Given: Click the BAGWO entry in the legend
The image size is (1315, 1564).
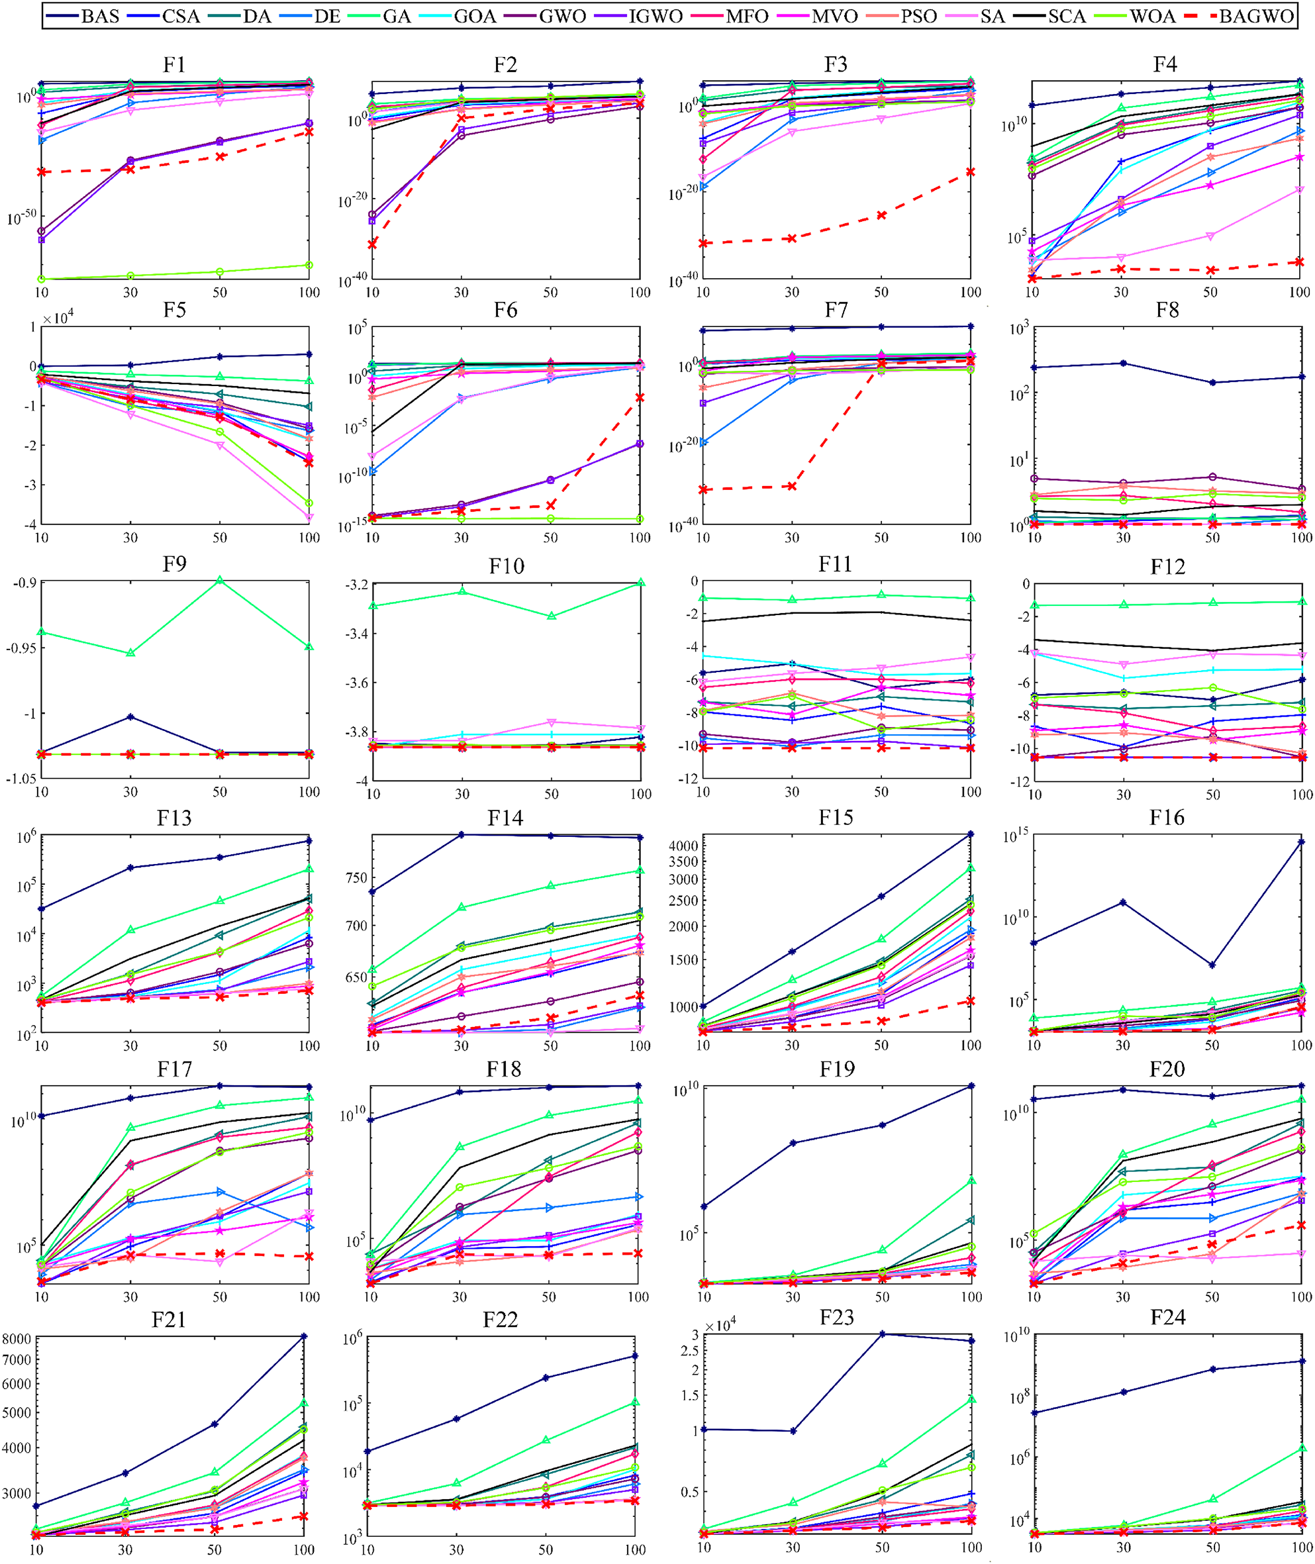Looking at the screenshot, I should click(x=1255, y=16).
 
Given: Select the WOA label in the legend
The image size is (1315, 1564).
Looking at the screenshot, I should click(x=1153, y=16).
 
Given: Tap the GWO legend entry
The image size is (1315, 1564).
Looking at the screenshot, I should click(x=562, y=16).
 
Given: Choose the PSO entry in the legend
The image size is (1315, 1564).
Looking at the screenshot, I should click(x=918, y=16).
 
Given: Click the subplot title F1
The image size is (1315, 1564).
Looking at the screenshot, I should click(x=174, y=65).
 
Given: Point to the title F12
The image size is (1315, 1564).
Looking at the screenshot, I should click(x=1167, y=567).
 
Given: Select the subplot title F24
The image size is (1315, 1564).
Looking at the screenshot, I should click(x=1167, y=1317).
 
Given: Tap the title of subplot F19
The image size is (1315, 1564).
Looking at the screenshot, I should click(x=836, y=1069).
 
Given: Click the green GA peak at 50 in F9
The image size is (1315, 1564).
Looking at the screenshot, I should click(x=220, y=580).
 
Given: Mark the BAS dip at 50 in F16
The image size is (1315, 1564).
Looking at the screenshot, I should click(x=1213, y=965).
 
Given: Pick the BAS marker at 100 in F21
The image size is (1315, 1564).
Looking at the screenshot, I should click(x=303, y=1337).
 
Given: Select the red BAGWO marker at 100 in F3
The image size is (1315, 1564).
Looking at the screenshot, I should click(x=971, y=172).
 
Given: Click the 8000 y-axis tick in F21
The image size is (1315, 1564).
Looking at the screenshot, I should click(x=17, y=1338).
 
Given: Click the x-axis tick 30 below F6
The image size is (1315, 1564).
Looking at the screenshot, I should click(x=462, y=538).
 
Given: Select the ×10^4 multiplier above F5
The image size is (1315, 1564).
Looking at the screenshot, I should click(x=58, y=319).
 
